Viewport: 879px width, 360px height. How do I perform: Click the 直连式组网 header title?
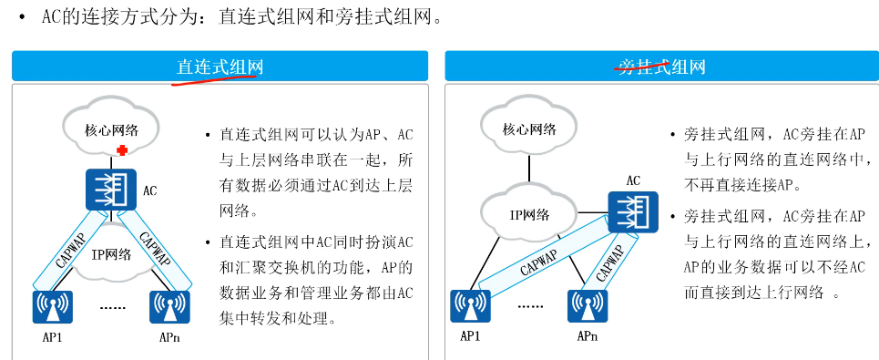[x=220, y=67]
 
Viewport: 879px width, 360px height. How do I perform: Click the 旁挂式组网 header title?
[x=660, y=67]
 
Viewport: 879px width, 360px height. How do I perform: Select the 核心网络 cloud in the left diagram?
[x=110, y=129]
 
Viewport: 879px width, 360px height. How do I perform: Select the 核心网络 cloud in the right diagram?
[x=529, y=129]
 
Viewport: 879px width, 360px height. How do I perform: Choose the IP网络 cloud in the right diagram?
[x=528, y=215]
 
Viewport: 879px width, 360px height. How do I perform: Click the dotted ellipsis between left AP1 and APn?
[x=112, y=307]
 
